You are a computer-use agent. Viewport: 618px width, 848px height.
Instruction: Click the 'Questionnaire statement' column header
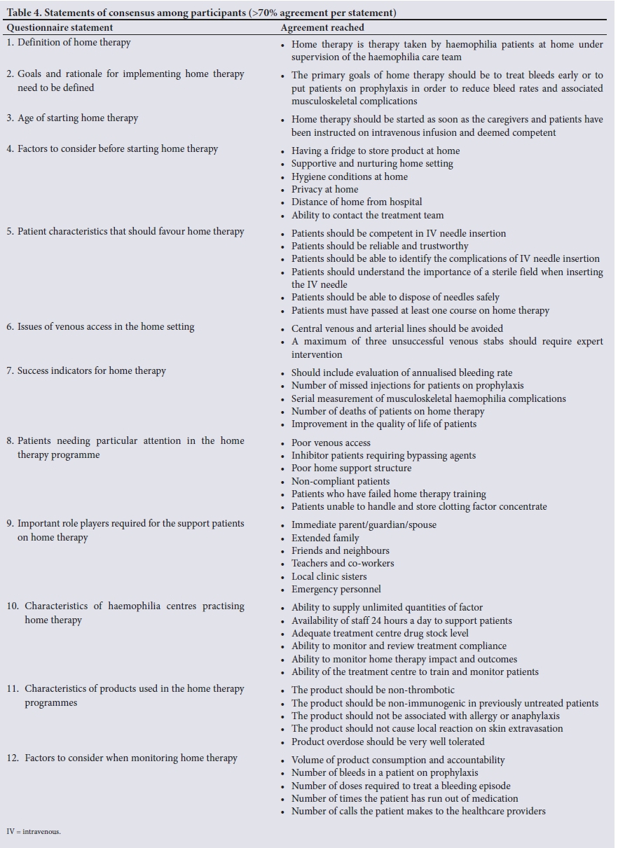pos(60,28)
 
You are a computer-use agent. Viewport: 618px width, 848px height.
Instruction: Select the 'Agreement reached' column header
pos(322,28)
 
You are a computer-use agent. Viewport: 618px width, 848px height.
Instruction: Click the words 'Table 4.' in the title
pos(24,13)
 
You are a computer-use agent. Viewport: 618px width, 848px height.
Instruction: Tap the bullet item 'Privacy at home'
pos(324,189)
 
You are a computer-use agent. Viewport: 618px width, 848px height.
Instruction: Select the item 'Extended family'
pos(325,538)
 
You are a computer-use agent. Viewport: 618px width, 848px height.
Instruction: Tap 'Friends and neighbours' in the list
pos(340,550)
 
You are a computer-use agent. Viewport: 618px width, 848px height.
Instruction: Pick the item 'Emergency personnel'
pos(336,589)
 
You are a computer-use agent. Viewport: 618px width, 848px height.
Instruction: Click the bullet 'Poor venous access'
pos(331,443)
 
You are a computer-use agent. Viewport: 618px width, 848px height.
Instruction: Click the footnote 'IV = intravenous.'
pos(34,831)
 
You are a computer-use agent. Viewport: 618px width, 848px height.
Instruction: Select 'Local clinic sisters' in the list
pos(329,576)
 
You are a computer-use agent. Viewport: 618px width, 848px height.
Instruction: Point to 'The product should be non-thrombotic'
pos(373,690)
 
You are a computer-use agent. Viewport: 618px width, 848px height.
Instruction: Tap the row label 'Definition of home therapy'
pos(74,42)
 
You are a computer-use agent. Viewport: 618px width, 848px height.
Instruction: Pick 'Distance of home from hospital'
pos(357,202)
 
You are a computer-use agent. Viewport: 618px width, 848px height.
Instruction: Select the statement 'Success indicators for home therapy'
pos(91,370)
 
